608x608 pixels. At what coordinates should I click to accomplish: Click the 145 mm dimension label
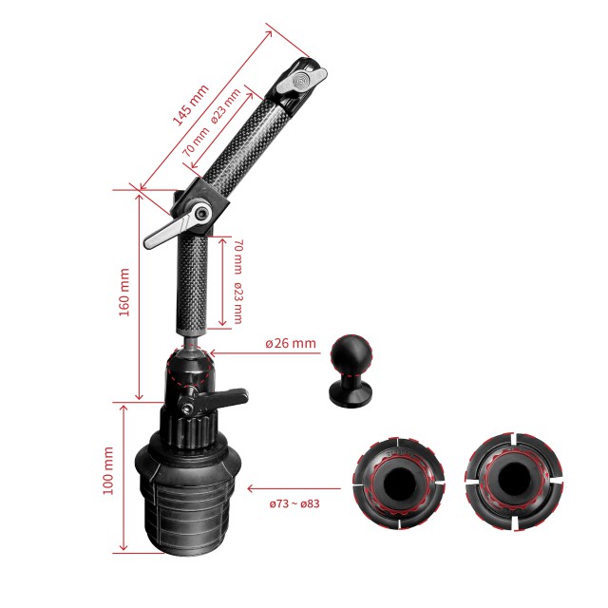pos(190,104)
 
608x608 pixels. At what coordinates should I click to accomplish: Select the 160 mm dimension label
pos(124,292)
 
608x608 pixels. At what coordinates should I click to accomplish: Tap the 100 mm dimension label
pos(108,470)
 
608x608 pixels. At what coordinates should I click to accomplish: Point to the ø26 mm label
pos(291,343)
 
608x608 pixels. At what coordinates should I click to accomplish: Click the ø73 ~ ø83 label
pos(294,503)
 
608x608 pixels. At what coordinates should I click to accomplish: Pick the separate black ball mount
pos(351,369)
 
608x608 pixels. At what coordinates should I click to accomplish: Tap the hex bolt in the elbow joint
pos(201,214)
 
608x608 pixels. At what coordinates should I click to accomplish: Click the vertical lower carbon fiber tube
pos(193,284)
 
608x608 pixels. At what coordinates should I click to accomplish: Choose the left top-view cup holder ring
pos(399,484)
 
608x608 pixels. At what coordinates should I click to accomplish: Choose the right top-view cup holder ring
pos(513,482)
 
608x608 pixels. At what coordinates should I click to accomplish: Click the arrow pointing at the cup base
pos(294,488)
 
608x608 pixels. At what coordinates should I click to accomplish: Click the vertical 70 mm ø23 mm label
pos(238,281)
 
